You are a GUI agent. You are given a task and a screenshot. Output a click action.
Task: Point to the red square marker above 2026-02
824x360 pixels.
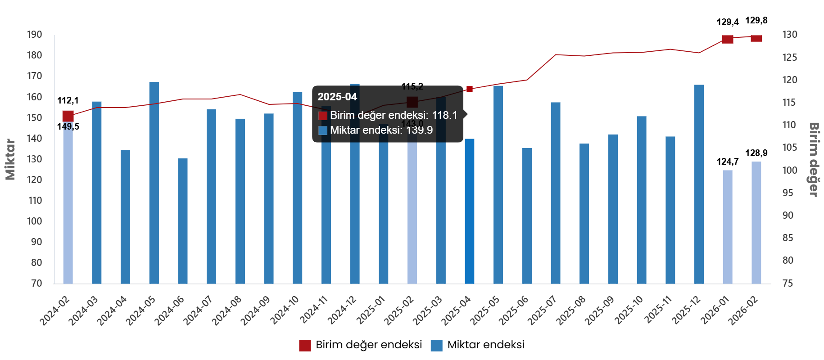pyautogui.click(x=756, y=38)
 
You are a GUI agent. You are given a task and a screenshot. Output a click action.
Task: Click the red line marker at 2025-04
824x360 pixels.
pyautogui.click(x=470, y=89)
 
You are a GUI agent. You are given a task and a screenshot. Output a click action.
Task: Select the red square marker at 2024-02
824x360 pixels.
pyautogui.click(x=68, y=116)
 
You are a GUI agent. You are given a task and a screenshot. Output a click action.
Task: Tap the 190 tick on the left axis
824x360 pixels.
pyautogui.click(x=34, y=35)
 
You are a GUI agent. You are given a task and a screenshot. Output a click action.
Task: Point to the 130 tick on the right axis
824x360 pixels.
pyautogui.click(x=789, y=35)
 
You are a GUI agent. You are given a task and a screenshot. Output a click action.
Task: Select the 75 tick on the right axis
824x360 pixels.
pyautogui.click(x=788, y=283)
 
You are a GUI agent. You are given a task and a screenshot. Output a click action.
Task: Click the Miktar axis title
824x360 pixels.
pyautogui.click(x=10, y=159)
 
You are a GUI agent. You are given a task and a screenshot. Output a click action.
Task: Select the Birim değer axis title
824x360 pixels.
pyautogui.click(x=814, y=159)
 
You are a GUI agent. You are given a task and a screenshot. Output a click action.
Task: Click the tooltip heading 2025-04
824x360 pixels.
pyautogui.click(x=337, y=97)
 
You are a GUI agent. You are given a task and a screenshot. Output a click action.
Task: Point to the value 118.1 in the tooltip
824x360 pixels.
pyautogui.click(x=444, y=115)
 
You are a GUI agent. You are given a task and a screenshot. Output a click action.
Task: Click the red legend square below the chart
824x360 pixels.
pyautogui.click(x=305, y=346)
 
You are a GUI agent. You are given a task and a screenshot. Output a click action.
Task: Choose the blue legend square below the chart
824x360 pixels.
pyautogui.click(x=436, y=346)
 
